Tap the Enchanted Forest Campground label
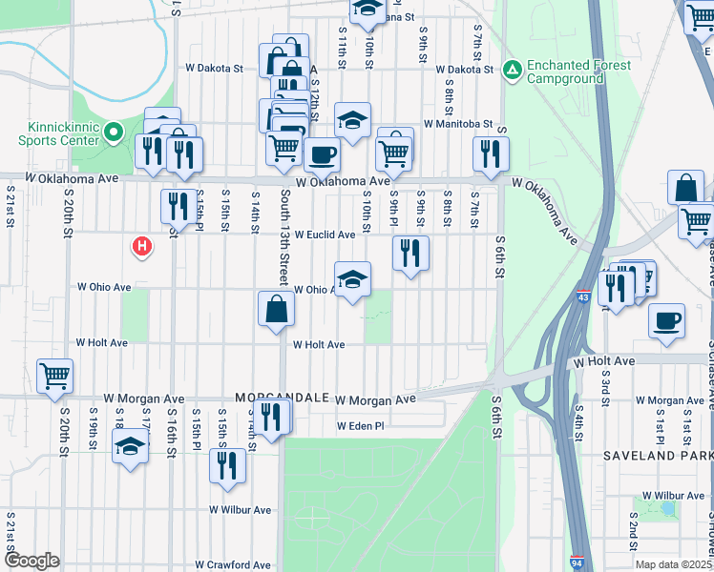578,71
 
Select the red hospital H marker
142,248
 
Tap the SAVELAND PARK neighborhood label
658,457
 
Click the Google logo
31,561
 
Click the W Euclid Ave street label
325,235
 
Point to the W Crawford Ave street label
232,565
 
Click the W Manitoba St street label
458,124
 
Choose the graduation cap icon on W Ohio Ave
352,279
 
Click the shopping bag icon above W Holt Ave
275,309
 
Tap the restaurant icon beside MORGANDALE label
272,417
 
